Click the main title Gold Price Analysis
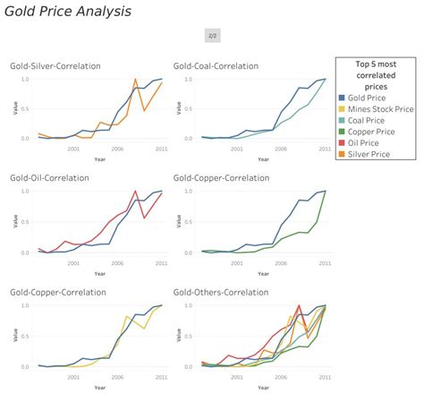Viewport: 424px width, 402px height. (x=68, y=12)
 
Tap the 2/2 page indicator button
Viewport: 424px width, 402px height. (x=212, y=36)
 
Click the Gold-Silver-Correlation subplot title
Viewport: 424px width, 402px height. (x=55, y=66)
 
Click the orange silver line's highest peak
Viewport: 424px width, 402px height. (x=135, y=80)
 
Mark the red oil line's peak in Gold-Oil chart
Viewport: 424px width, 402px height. (x=135, y=192)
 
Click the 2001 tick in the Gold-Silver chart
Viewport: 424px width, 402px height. (x=72, y=149)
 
